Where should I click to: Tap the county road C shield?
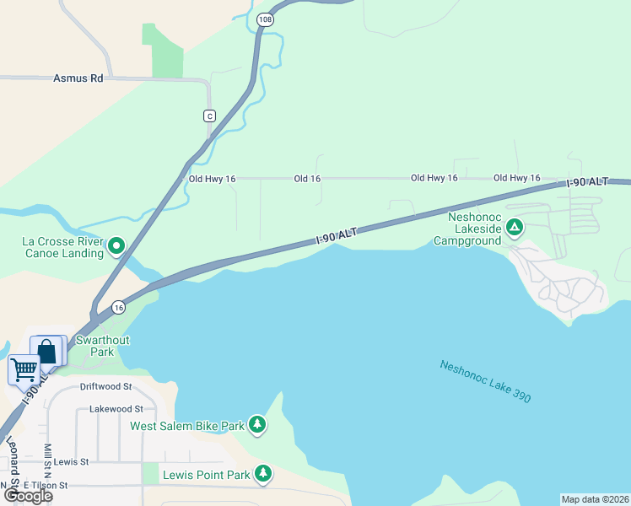[209, 116]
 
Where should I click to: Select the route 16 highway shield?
[119, 308]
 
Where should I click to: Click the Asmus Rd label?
[78, 78]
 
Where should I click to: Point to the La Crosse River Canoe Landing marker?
[116, 246]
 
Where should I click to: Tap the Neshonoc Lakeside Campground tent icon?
[514, 227]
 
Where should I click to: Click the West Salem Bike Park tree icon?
[257, 426]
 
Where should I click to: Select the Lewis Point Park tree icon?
[264, 474]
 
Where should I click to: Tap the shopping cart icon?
[24, 369]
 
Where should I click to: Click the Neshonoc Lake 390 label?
[485, 381]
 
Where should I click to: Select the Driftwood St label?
[105, 387]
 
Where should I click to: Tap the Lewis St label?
[72, 462]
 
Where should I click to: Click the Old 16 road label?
[307, 179]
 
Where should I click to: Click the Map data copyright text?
[595, 499]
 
